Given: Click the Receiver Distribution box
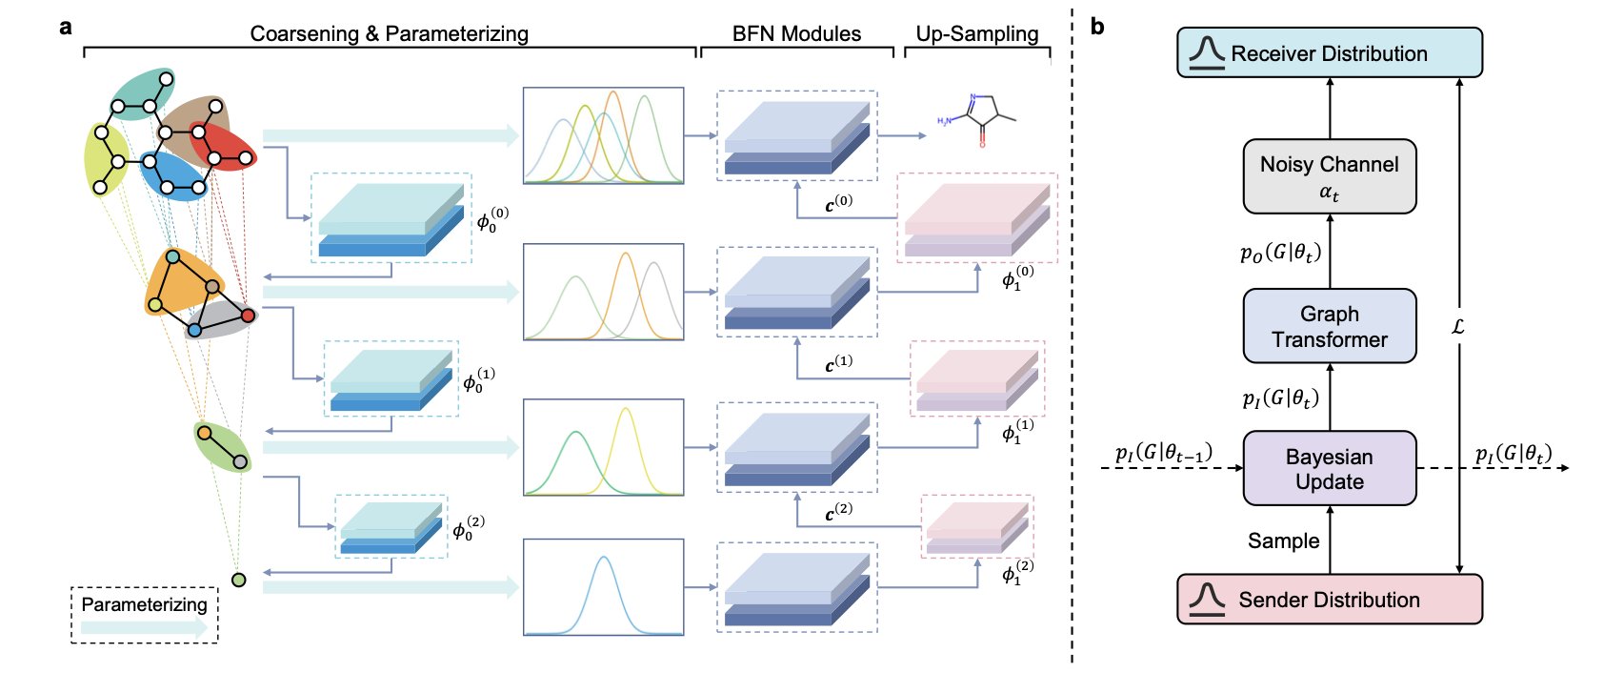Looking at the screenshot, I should coord(1329,52).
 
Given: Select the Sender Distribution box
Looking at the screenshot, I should coord(1329,600).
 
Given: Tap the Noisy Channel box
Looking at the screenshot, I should coord(1329,176).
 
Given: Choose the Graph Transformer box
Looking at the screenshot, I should coord(1329,326).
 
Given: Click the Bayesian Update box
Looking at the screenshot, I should coord(1329,468).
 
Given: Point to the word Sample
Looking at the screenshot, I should coord(1283,540).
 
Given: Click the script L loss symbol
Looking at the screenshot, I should coord(1457,326).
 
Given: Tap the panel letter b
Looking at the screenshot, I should coord(1097,27).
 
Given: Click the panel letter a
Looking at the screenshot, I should coord(65,27).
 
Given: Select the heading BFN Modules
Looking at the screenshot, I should coord(796,33).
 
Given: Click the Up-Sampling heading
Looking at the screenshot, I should coord(976,33).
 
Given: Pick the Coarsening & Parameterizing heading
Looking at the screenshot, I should coord(389,33).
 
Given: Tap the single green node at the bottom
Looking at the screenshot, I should coord(239,580).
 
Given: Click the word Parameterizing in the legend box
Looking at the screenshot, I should coord(144,604).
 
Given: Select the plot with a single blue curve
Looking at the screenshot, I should coord(603,586).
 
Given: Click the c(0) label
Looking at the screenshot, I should coord(838,204).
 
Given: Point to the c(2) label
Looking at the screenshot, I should coord(838,513).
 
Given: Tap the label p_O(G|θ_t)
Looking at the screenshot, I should coord(1280,253).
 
